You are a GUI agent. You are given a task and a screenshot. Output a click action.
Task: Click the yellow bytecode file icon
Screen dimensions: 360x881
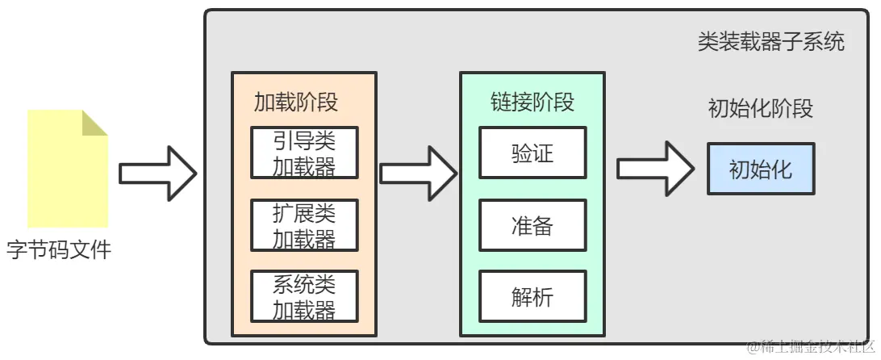[67, 169]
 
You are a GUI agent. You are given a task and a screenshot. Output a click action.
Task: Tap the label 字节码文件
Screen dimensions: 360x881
[58, 250]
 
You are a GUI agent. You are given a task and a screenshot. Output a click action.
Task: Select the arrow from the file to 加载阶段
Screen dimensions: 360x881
[158, 173]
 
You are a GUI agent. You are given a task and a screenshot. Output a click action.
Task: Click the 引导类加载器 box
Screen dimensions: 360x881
[303, 153]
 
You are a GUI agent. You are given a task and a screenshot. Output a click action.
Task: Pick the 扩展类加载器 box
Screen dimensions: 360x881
[303, 226]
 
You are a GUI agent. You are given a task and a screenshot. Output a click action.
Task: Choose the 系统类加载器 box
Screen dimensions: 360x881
[303, 297]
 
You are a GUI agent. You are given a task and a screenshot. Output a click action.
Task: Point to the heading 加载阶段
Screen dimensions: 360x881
[295, 103]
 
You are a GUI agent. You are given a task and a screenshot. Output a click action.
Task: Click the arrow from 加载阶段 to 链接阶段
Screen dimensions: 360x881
[418, 173]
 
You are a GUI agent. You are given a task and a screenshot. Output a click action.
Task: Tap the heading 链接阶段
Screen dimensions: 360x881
[532, 103]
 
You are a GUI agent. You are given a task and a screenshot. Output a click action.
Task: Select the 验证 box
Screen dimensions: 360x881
[532, 153]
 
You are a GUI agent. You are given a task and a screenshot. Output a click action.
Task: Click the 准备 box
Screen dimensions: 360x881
[532, 226]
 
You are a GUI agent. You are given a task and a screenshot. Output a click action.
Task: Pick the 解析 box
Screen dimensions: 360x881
[532, 297]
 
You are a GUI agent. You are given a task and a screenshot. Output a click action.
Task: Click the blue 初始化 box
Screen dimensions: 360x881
[761, 169]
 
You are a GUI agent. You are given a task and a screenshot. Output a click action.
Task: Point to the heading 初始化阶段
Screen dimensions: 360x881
[760, 109]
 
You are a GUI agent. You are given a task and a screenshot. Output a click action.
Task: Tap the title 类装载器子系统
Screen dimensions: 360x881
[770, 42]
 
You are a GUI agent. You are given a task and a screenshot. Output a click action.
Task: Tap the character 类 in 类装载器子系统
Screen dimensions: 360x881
[708, 42]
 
